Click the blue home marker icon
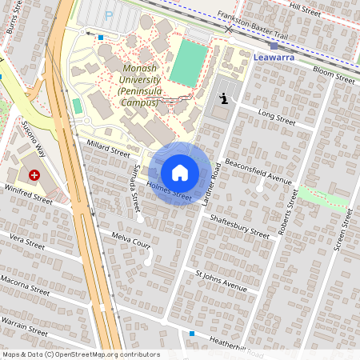pos(180,173)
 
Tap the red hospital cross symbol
pos(34,174)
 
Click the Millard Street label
pos(107,146)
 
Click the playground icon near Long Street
pos(224,98)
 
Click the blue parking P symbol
pos(109,15)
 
